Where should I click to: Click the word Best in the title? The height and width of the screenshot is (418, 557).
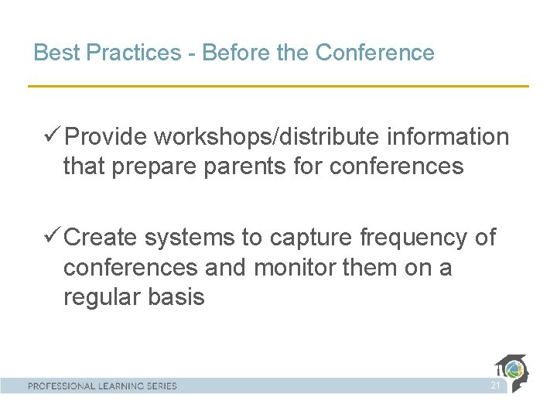tap(57, 53)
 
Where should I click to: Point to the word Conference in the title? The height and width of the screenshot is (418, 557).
tap(375, 53)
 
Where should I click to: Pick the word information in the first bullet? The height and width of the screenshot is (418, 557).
tap(448, 137)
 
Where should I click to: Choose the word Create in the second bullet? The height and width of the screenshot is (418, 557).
tap(101, 238)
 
